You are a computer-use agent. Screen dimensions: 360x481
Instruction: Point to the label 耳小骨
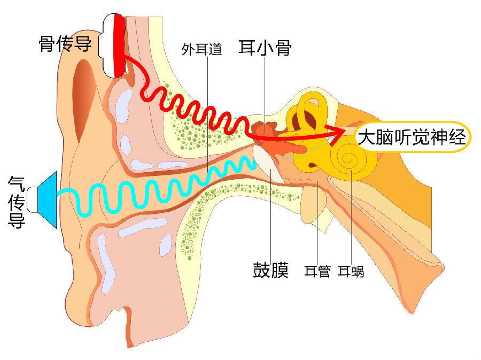coord(265,49)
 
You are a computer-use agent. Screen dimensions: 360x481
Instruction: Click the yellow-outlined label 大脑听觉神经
coord(412,137)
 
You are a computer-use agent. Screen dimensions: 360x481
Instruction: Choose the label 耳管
coord(317,271)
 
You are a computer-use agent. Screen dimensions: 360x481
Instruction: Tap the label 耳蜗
coord(351,271)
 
